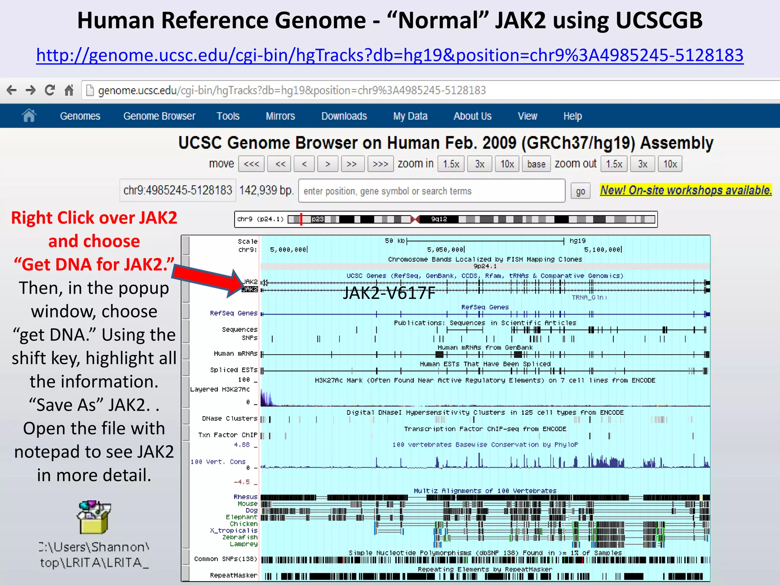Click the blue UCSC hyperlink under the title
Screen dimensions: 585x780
(390, 56)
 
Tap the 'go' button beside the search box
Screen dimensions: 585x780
(580, 191)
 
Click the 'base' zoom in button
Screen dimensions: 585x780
(536, 164)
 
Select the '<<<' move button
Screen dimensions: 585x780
(251, 164)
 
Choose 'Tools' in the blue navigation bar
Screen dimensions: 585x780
(228, 116)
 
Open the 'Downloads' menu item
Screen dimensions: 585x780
(344, 116)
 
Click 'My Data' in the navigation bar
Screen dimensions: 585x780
(410, 116)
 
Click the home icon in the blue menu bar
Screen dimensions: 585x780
(29, 115)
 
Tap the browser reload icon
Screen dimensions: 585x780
(50, 90)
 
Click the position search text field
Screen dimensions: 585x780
(432, 191)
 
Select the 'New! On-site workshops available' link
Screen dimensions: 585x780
(686, 190)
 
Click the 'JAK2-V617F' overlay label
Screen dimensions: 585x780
(389, 293)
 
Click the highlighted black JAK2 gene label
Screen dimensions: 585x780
(250, 289)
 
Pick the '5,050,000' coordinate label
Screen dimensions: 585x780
(445, 250)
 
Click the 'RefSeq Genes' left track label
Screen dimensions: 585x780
(233, 313)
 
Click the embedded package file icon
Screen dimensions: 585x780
(94, 517)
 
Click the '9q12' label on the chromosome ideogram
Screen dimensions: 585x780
(439, 219)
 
